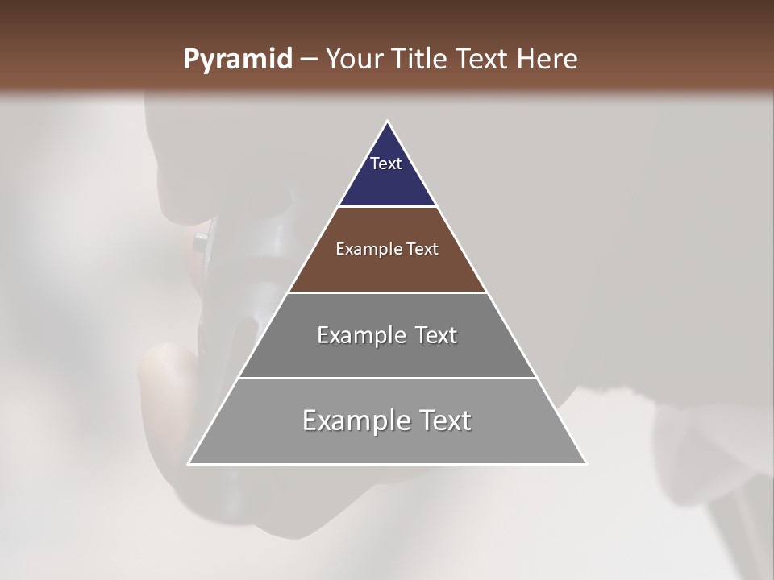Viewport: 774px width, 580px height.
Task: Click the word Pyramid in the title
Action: (x=237, y=60)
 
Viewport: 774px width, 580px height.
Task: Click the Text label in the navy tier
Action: (x=386, y=164)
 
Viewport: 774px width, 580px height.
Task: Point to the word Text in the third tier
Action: (x=436, y=335)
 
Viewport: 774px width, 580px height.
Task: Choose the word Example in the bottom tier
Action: (x=356, y=420)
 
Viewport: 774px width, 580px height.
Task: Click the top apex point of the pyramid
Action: (x=387, y=122)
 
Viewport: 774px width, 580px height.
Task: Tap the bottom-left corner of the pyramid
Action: (x=189, y=464)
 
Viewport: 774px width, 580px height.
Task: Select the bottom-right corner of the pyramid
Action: (x=586, y=464)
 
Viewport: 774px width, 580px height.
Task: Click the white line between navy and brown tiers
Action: (x=387, y=207)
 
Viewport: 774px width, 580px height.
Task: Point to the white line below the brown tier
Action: (x=387, y=292)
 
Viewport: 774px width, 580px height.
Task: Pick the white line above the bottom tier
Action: (x=387, y=378)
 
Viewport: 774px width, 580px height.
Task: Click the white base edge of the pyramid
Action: (x=387, y=464)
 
